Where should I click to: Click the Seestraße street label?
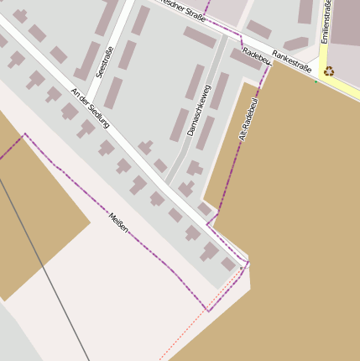point(105,62)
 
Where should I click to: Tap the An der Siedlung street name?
point(90,107)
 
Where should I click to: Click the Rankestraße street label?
point(291,60)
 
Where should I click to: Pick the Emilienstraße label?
point(326,22)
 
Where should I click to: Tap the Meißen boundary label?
point(118,222)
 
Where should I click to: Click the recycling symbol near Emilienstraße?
point(329,71)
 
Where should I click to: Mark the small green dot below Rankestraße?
point(316,81)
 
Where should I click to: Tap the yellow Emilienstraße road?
point(322,50)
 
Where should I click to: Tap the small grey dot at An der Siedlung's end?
point(241,268)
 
